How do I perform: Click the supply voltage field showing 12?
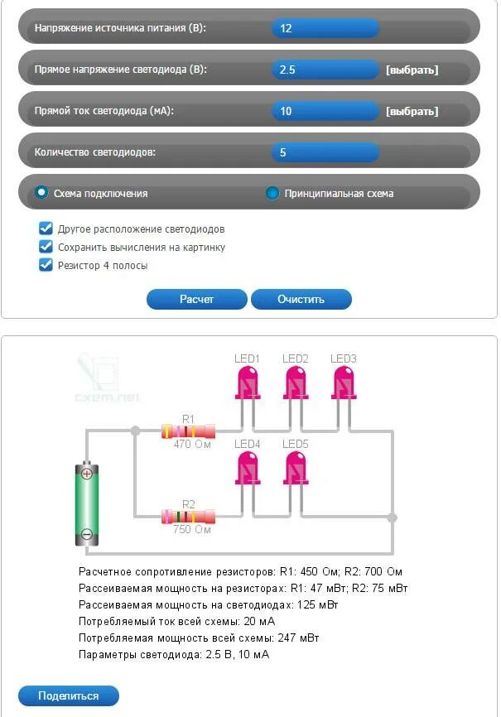[x=325, y=28]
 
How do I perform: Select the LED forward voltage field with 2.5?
[x=325, y=70]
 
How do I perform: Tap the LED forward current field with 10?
[x=325, y=111]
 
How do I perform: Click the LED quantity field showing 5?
[x=325, y=152]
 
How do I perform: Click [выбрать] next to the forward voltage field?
[x=412, y=70]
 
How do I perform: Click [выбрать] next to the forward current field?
[x=412, y=111]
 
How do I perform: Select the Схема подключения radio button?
[x=41, y=193]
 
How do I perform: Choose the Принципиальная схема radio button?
[x=272, y=194]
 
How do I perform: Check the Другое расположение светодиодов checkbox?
[x=46, y=229]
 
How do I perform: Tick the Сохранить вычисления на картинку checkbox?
[x=46, y=247]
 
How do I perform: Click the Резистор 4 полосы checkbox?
[x=46, y=265]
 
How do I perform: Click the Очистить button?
[x=301, y=299]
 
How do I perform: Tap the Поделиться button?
[x=68, y=695]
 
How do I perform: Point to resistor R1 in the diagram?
[x=188, y=431]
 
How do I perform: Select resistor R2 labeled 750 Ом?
[x=188, y=517]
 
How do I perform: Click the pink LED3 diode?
[x=343, y=384]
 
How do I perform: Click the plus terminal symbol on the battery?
[x=86, y=474]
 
